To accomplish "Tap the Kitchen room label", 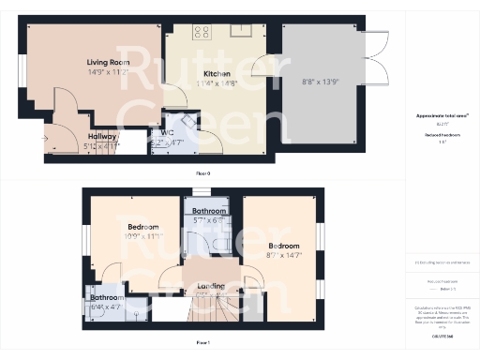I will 217,73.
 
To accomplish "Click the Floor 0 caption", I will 202,174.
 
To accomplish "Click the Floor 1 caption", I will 202,343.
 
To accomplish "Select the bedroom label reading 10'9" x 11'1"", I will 143,232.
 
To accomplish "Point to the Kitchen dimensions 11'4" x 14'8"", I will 217,82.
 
